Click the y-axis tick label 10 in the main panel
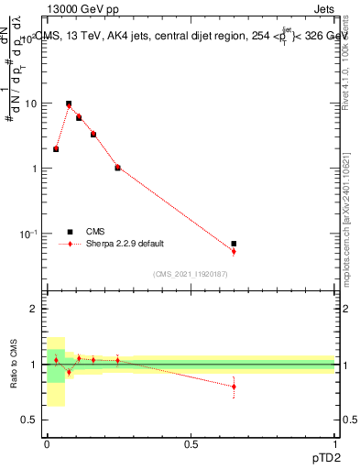pos(30,104)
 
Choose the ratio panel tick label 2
pos(34,310)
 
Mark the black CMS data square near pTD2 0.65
pos(234,244)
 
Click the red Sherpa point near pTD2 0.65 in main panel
pos(234,251)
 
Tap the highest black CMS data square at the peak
pos(69,104)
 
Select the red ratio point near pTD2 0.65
pos(234,387)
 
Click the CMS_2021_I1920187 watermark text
pos(191,273)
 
